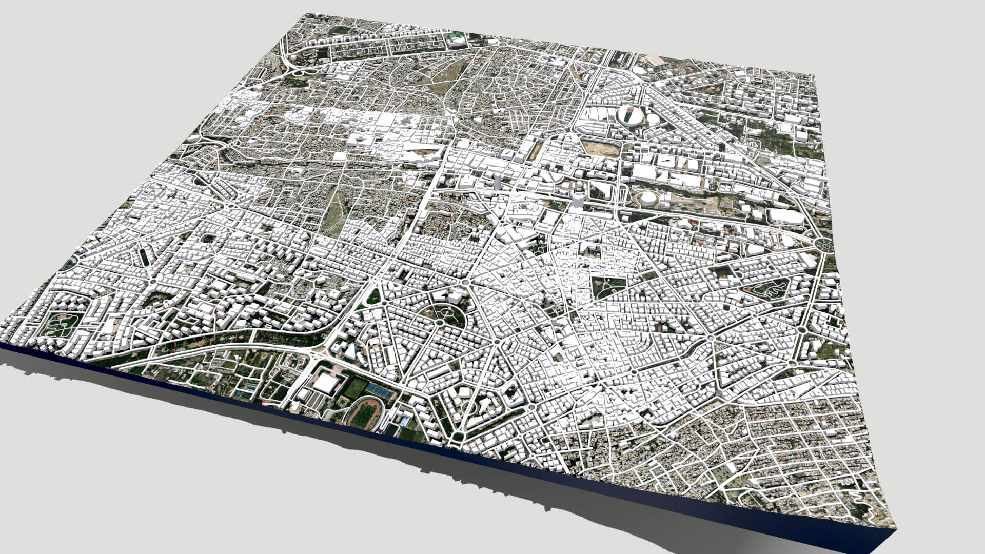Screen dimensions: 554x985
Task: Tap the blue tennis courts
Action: tap(380, 391)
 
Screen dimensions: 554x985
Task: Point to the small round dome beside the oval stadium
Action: tap(653, 119)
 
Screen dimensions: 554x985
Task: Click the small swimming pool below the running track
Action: tap(405, 422)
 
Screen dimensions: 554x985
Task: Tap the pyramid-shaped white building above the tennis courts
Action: tap(350, 352)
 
